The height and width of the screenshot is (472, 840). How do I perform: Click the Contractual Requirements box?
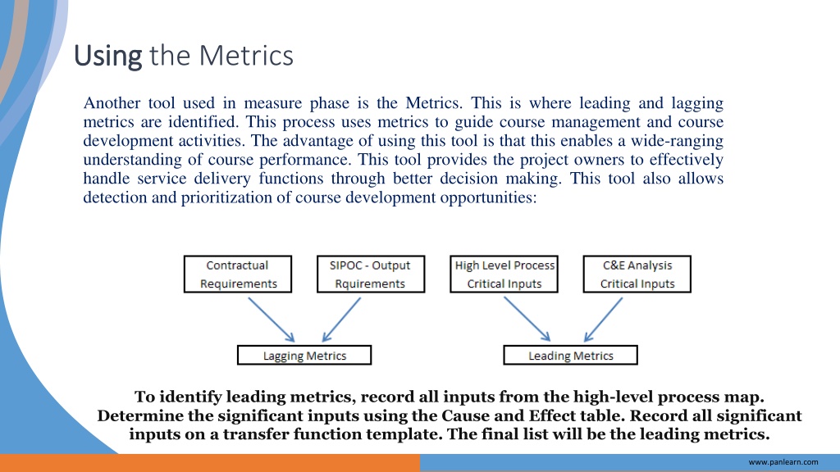pos(238,274)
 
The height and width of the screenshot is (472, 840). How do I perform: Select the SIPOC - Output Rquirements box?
pos(371,274)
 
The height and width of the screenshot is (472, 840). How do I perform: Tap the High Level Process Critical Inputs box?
pos(504,274)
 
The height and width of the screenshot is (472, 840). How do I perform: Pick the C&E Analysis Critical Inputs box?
pos(637,274)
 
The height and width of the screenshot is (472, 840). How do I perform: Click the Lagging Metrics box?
pos(304,356)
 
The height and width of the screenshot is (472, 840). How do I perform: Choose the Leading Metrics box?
pos(571,356)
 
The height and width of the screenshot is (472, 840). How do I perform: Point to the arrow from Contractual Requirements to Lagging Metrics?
pos(272,320)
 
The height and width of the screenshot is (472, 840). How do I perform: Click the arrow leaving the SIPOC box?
pos(341,320)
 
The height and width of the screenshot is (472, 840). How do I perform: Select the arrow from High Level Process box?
pos(527,320)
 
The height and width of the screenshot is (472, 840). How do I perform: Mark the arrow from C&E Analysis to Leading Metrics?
pos(603,320)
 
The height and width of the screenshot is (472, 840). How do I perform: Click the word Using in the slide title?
pos(107,57)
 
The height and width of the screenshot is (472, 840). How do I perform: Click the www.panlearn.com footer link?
pos(783,462)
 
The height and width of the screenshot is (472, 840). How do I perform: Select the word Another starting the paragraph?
pos(112,102)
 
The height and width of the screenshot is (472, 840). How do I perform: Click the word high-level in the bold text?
pos(613,397)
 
